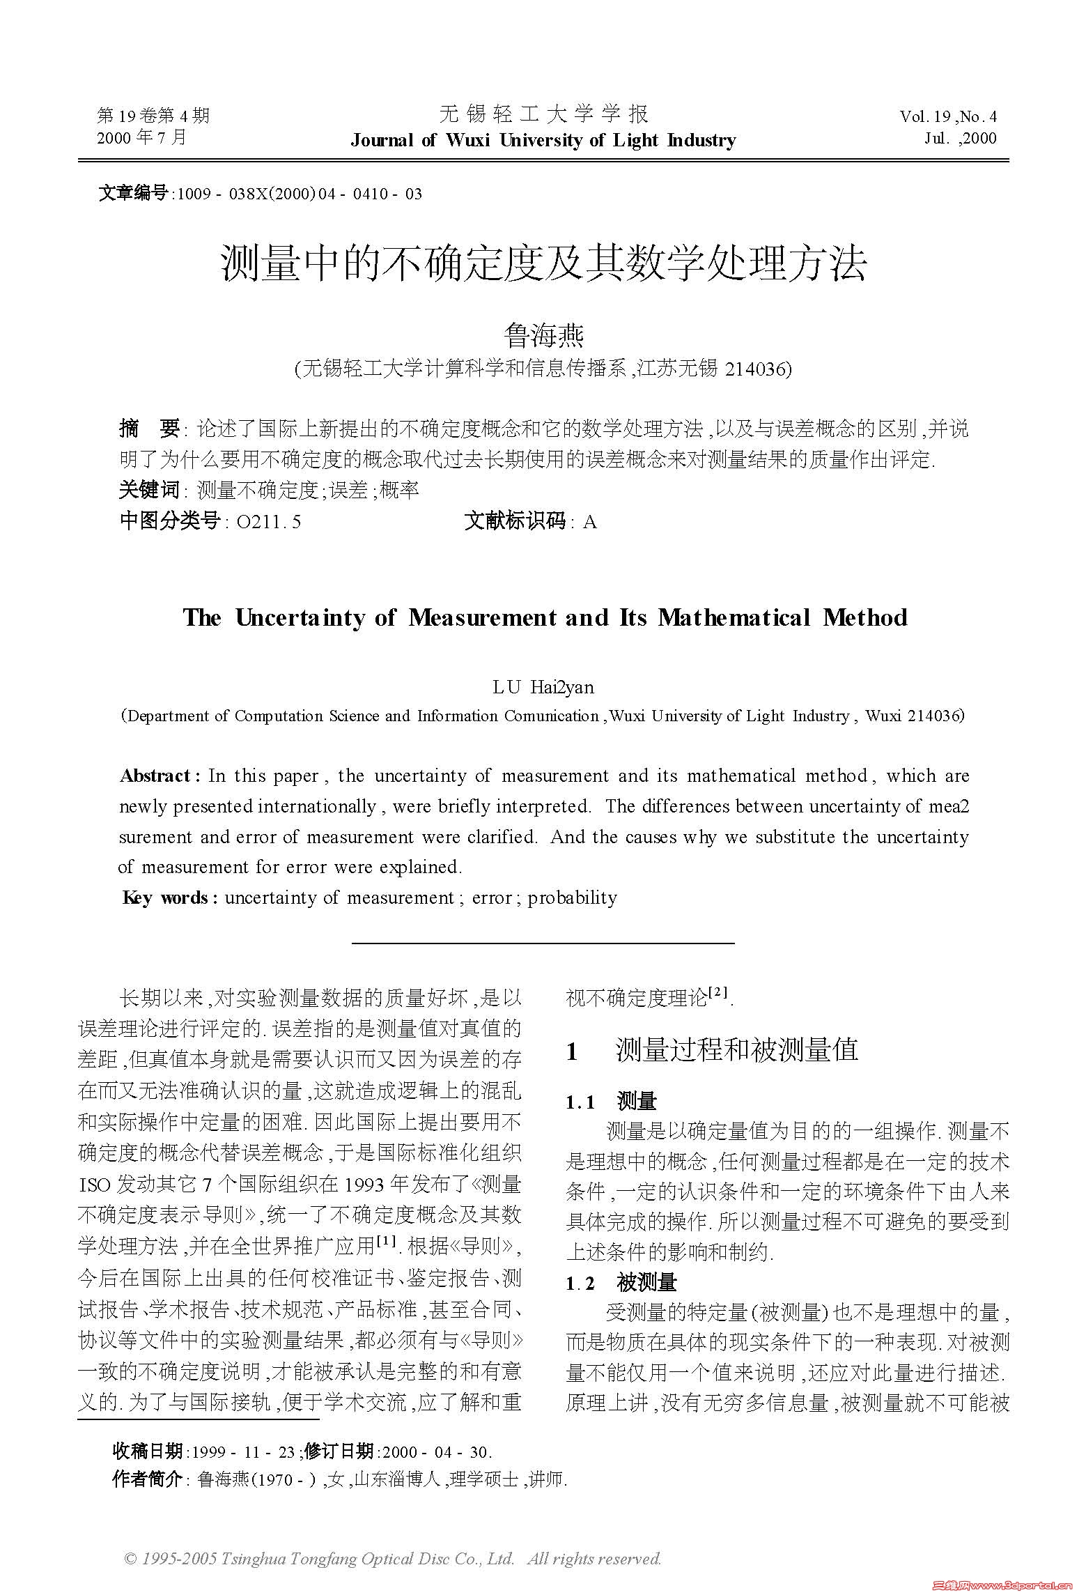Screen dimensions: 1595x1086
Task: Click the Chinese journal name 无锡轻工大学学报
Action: click(x=543, y=114)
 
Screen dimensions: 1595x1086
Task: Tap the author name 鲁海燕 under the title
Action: click(x=543, y=336)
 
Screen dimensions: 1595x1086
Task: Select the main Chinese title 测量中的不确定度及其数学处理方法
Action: click(x=543, y=263)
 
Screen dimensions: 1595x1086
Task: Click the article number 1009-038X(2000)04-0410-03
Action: click(x=300, y=194)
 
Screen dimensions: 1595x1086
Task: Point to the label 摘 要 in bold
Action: click(x=149, y=429)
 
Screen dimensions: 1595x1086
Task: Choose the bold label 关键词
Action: click(x=149, y=490)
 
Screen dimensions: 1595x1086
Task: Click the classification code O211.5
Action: click(x=269, y=521)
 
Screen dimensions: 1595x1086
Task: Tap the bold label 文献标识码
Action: click(x=515, y=521)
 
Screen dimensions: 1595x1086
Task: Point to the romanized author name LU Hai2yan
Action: click(x=543, y=687)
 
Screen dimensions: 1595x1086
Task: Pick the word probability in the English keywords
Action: click(x=572, y=897)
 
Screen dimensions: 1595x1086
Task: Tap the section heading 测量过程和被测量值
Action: click(x=737, y=1050)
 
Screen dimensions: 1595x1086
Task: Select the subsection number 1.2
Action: click(x=580, y=1284)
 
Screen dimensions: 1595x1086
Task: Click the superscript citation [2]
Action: click(x=718, y=992)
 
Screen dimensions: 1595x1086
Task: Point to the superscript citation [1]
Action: click(x=386, y=1241)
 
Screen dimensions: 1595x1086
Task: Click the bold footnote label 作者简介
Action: click(x=147, y=1479)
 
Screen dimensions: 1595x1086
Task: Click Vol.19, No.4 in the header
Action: click(x=948, y=116)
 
